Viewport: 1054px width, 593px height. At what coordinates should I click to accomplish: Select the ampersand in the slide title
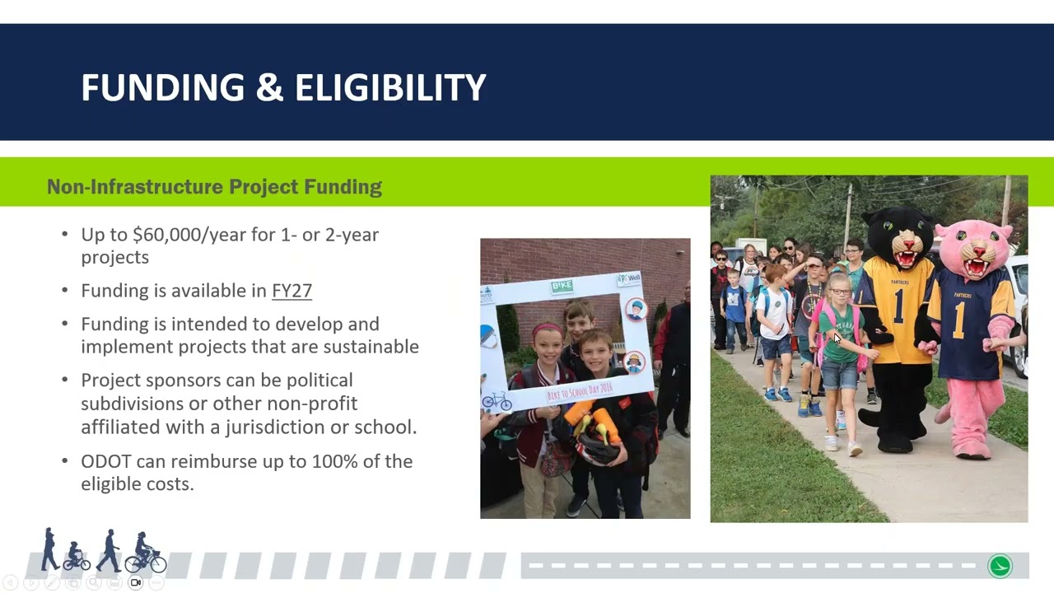click(269, 88)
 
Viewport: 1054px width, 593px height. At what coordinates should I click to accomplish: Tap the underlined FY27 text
click(291, 291)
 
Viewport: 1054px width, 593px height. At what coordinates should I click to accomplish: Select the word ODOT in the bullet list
click(106, 461)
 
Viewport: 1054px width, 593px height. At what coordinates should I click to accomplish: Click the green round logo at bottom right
click(1000, 566)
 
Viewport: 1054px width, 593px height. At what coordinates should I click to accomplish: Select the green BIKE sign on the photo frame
click(562, 287)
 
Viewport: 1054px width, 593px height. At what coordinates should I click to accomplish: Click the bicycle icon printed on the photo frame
click(497, 401)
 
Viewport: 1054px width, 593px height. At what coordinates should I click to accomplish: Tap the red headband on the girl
click(547, 331)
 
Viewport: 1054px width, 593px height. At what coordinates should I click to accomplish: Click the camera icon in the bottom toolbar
click(136, 583)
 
